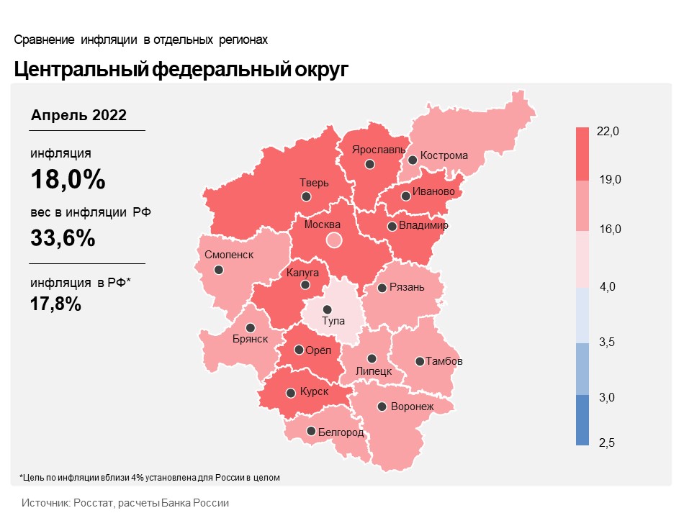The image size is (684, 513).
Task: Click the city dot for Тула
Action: point(327,309)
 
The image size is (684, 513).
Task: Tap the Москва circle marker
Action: point(333,240)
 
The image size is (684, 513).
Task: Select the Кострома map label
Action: point(444,155)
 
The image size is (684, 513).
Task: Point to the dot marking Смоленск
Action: point(219,270)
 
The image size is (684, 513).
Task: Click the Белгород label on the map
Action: point(341,432)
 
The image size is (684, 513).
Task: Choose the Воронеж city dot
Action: point(382,407)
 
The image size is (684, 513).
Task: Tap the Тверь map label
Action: point(314,183)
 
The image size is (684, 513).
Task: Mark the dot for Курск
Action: point(291,394)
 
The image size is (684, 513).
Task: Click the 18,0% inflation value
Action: point(68,180)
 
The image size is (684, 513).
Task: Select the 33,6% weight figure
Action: point(63,237)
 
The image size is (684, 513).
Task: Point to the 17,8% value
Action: point(55,304)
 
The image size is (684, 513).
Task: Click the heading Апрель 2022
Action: point(79,115)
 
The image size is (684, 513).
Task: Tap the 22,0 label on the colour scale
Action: point(608,131)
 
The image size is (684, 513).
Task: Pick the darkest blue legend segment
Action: point(582,420)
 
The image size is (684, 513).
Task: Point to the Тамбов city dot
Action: point(419,361)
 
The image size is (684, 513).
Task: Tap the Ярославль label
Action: point(374,150)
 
